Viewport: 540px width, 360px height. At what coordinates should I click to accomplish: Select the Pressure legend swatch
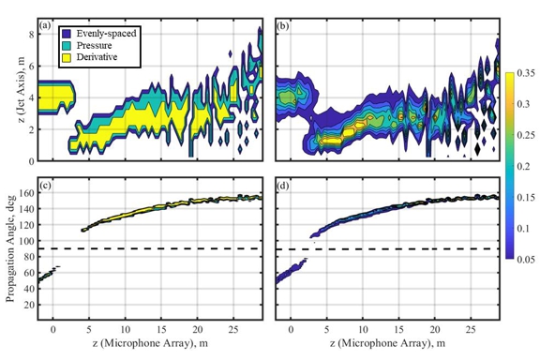point(67,46)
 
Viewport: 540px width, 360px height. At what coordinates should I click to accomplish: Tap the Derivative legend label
point(97,57)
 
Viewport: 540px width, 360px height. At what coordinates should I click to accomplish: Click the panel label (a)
point(45,25)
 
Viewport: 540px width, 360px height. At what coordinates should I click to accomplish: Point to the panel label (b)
point(283,25)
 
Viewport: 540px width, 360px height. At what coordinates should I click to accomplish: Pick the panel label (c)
point(45,186)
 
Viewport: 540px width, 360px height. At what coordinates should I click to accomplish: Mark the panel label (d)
point(283,186)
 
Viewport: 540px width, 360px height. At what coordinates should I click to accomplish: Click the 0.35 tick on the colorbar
point(526,73)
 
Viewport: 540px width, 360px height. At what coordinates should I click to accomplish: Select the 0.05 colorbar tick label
point(526,260)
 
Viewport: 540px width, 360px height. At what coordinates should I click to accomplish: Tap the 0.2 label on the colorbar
point(523,166)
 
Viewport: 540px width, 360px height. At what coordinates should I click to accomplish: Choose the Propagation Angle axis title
point(10,248)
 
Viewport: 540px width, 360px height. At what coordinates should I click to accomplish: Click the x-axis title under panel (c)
point(150,343)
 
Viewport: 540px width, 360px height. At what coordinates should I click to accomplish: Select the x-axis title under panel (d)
point(387,343)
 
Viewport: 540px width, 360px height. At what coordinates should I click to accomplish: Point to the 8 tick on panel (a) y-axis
point(32,35)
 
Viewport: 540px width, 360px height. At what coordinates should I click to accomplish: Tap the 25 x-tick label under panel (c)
point(233,330)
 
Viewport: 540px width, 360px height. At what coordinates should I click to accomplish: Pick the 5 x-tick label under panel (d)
point(326,330)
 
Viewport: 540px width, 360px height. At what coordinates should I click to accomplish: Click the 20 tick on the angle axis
point(30,305)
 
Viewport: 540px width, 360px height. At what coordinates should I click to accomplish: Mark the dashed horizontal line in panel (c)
point(150,248)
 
